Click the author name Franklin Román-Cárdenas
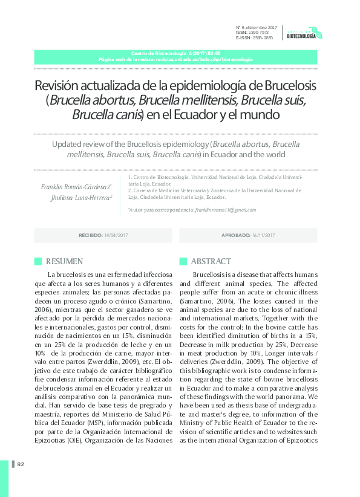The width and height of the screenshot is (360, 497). tap(75, 186)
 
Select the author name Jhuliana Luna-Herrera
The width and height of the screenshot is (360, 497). tap(80, 197)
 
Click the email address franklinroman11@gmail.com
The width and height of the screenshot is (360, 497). tap(225, 210)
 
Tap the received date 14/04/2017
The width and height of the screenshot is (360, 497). tap(116, 235)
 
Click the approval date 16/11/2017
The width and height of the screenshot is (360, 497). tap(264, 235)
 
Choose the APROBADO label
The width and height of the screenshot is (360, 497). tap(236, 235)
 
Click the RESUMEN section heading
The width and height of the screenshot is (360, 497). tap(64, 261)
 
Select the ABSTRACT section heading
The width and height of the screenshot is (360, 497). tap(211, 261)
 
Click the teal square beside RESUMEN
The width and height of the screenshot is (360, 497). tap(38, 261)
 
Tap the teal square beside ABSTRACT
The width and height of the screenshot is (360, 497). tap(183, 261)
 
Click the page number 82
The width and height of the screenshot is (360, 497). tap(21, 464)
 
